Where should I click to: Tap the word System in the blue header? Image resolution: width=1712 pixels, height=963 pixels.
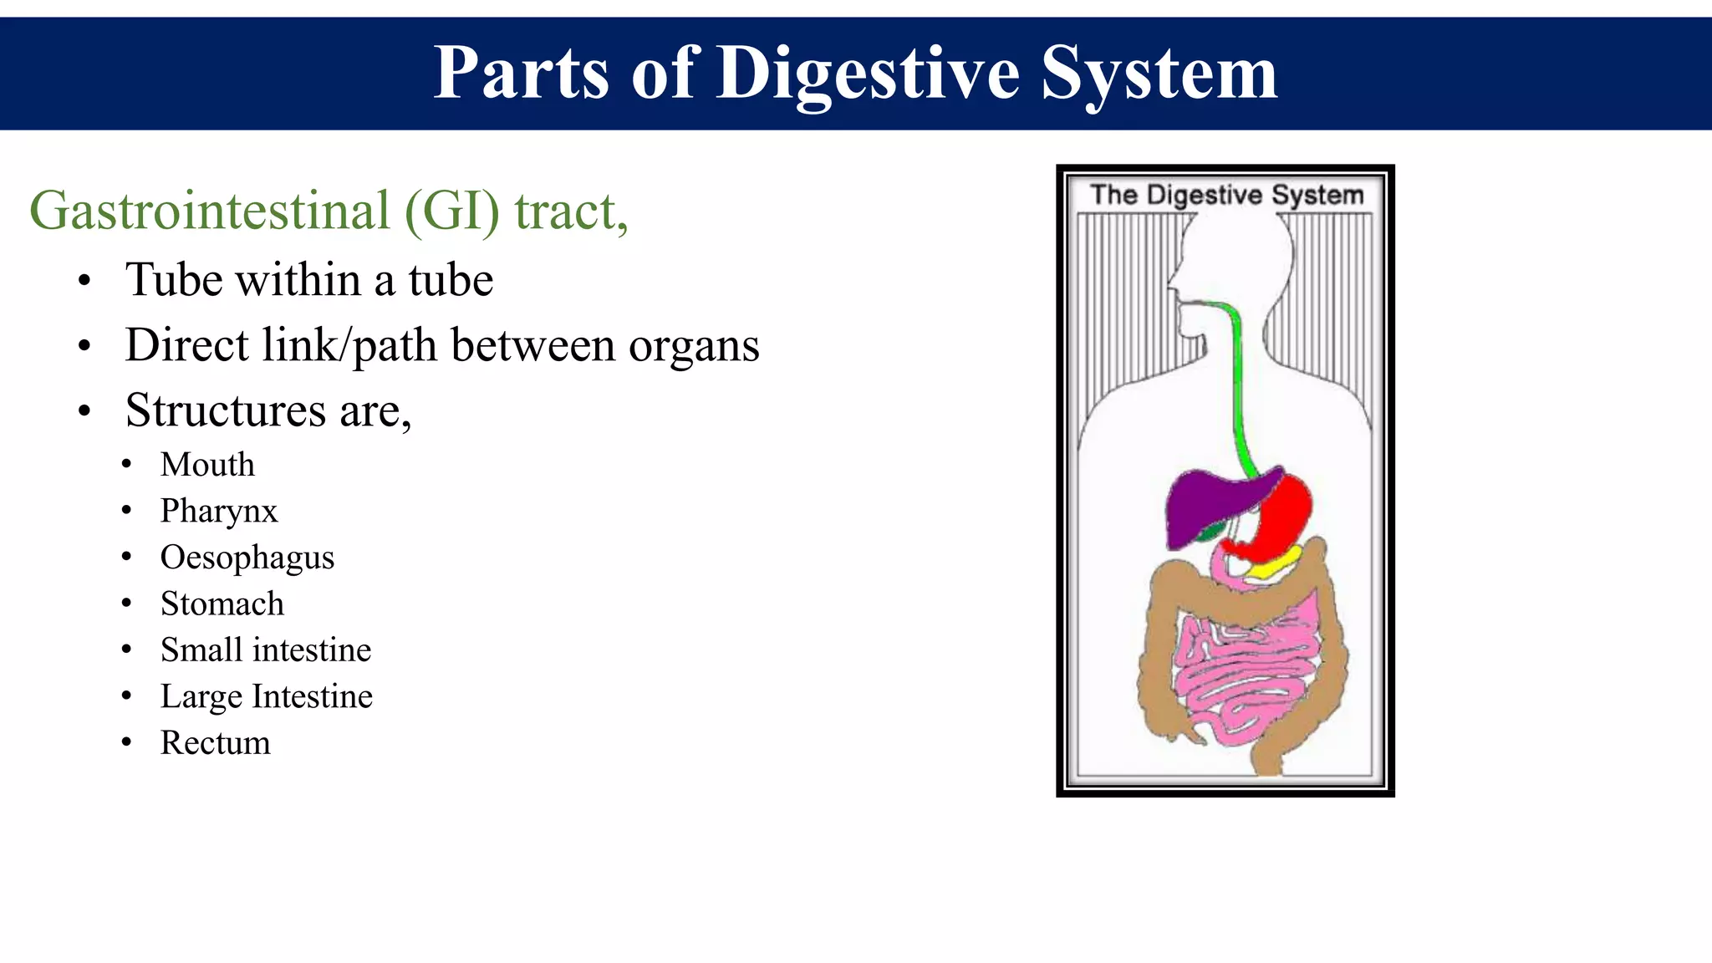coord(1159,74)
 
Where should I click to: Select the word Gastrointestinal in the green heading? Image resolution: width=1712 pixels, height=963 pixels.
coord(209,211)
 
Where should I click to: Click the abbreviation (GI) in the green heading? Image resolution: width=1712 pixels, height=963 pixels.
coord(452,211)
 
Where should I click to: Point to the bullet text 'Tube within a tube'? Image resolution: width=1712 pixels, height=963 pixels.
coord(309,279)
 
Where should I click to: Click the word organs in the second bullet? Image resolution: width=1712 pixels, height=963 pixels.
coord(693,345)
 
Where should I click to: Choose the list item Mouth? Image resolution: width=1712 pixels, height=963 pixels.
coord(207,465)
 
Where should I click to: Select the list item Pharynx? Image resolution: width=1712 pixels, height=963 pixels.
coord(218,511)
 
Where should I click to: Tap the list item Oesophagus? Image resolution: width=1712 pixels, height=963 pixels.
coord(247,558)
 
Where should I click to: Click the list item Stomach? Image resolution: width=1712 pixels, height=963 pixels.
coord(222,604)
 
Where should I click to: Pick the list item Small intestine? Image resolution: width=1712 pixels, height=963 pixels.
coord(265,650)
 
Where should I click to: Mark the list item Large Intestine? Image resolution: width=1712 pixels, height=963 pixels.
coord(266,696)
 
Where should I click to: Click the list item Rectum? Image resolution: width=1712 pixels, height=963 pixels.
coord(215,743)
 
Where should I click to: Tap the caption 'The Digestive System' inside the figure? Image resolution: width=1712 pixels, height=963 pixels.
coord(1226,195)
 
